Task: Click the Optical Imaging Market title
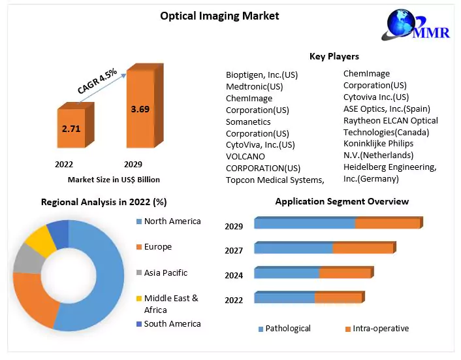tap(219, 16)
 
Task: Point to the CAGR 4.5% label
tap(97, 81)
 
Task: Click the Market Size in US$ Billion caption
tap(113, 179)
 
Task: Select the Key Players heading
tap(334, 56)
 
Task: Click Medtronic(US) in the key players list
tap(255, 86)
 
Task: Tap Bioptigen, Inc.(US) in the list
tap(262, 74)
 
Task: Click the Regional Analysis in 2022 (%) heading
tap(104, 202)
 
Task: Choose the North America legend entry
tap(172, 221)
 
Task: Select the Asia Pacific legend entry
tap(165, 272)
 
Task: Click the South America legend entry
tap(172, 323)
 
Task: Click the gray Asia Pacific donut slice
tap(25, 259)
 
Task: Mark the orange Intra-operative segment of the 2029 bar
tap(387, 223)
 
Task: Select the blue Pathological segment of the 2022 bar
tap(284, 298)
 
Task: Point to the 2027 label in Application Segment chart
tap(234, 250)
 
